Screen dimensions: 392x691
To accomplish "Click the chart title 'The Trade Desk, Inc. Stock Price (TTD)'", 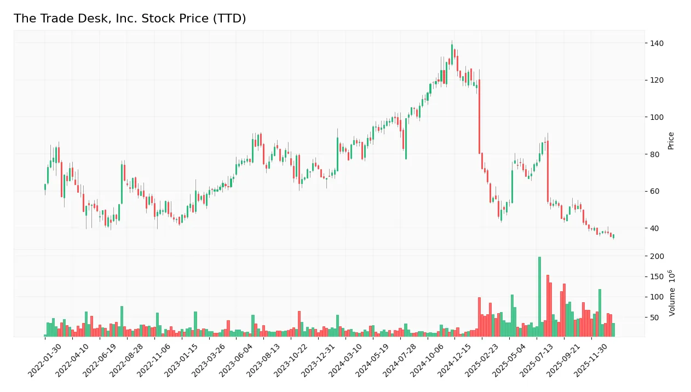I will (x=130, y=19).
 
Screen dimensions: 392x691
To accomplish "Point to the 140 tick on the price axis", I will (x=657, y=43).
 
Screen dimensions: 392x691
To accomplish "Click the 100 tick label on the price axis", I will (x=657, y=117).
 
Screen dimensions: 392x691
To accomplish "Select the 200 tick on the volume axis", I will (x=657, y=256).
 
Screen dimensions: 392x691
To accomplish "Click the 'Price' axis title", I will (x=671, y=141).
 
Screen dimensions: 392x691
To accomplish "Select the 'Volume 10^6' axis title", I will (x=671, y=293).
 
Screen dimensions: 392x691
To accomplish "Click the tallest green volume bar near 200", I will (x=539, y=296).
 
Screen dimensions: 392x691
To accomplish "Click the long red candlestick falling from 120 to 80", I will (x=479, y=117).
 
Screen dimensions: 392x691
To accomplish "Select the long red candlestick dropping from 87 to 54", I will (x=548, y=171).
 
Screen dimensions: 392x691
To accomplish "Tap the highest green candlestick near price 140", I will (x=452, y=53).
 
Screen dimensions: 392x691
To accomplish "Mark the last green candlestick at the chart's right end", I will (x=613, y=237).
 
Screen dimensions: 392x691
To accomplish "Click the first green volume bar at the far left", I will (x=45, y=335).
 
